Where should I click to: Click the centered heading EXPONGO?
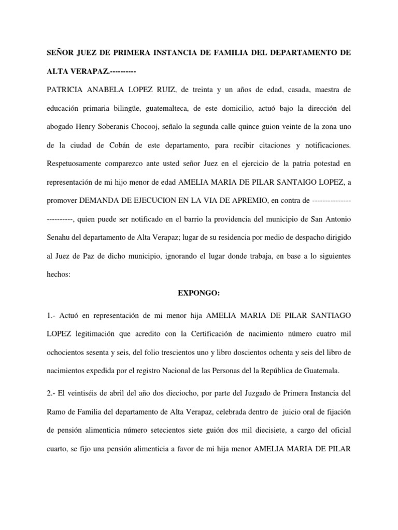(x=199, y=293)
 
